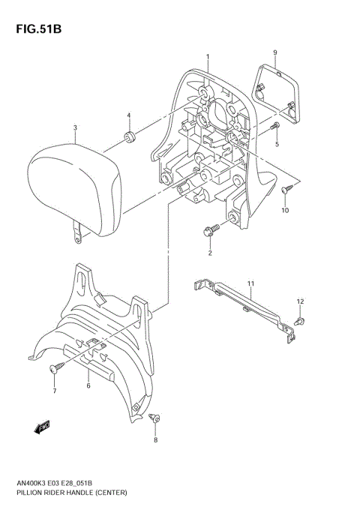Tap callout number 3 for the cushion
click(75, 128)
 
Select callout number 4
click(128, 115)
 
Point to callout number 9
click(275, 52)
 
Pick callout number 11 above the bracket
click(251, 283)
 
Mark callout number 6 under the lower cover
click(88, 385)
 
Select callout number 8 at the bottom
click(156, 440)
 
